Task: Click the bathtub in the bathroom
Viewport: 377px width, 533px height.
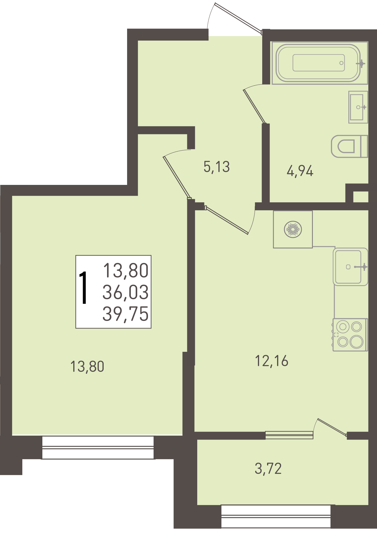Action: pyautogui.click(x=319, y=63)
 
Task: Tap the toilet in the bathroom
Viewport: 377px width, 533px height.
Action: pyautogui.click(x=349, y=146)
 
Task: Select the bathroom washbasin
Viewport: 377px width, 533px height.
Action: pyautogui.click(x=358, y=107)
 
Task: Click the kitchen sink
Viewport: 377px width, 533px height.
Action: pyautogui.click(x=350, y=267)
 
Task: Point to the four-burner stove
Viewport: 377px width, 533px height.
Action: pyautogui.click(x=350, y=335)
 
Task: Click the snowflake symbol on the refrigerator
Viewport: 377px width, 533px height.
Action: pyautogui.click(x=293, y=229)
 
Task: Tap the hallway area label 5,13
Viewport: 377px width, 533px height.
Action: pyautogui.click(x=217, y=167)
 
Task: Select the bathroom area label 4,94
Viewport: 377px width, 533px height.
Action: pyautogui.click(x=300, y=171)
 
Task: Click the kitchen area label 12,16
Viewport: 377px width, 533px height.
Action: pyautogui.click(x=272, y=361)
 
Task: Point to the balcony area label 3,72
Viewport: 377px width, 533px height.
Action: pyautogui.click(x=268, y=469)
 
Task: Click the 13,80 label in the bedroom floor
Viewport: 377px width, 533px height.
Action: pyautogui.click(x=87, y=367)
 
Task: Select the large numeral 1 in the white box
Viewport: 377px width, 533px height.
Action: pyautogui.click(x=83, y=288)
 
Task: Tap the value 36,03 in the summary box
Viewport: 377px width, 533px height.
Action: pyautogui.click(x=126, y=292)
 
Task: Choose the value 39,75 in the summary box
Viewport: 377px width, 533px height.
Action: pyautogui.click(x=126, y=314)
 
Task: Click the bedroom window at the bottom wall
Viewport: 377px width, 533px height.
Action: pyautogui.click(x=98, y=448)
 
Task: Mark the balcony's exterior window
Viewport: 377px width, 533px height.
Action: pyautogui.click(x=276, y=516)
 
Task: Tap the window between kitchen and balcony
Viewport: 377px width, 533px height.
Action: pyautogui.click(x=289, y=435)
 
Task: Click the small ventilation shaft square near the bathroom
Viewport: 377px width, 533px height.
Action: pyautogui.click(x=360, y=197)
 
